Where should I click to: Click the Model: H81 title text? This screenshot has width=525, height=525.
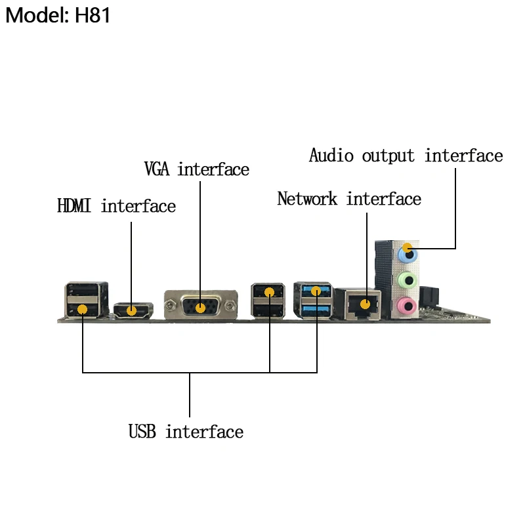point(58,14)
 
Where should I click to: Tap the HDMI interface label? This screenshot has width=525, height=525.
point(116,206)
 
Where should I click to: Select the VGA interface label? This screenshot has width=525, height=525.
point(196,169)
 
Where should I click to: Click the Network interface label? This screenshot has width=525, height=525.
point(348,198)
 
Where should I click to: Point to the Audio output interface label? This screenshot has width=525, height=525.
point(406,156)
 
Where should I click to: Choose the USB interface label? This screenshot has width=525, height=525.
point(186,432)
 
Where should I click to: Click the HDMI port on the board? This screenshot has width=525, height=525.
point(133,310)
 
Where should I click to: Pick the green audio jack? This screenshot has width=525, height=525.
point(408,280)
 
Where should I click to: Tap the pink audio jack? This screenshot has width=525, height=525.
point(408,304)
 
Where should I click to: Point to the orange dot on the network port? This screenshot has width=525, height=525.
point(366,303)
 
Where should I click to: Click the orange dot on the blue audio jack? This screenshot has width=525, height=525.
point(408,249)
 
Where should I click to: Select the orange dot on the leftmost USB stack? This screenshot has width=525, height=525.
point(83,308)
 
